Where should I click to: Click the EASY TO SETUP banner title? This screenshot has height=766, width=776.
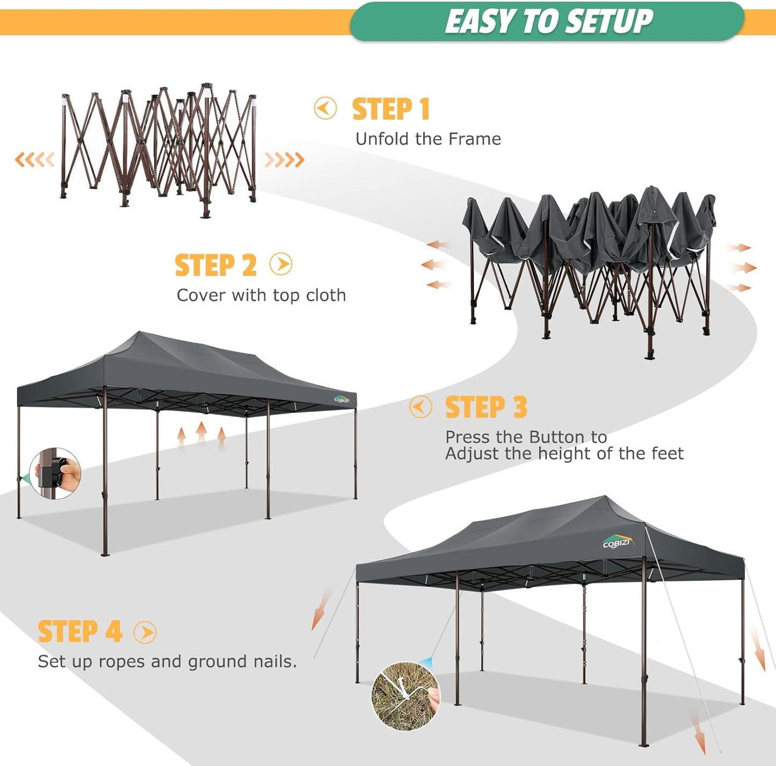548,21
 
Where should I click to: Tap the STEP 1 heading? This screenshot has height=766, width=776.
391,109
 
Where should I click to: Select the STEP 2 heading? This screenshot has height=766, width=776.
216,265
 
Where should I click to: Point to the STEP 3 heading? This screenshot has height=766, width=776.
486,407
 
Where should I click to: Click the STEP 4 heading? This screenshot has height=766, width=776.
80,631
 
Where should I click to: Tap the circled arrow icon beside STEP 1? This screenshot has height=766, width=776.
325,109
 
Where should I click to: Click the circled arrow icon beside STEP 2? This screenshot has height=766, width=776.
281,264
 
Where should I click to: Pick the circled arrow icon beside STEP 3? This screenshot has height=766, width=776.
420,407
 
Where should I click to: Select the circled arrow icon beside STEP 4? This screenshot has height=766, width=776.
145,632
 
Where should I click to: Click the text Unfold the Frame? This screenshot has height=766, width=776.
428,139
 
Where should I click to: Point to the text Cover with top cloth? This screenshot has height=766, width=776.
261,295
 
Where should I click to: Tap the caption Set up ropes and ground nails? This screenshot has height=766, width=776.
167,661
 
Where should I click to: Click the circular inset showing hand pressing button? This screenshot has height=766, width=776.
55,474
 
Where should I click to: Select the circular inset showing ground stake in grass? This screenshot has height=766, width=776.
405,696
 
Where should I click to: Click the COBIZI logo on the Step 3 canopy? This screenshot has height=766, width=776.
342,399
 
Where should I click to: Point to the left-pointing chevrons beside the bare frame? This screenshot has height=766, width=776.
35,160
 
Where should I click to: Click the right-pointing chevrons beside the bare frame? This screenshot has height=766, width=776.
284,160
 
